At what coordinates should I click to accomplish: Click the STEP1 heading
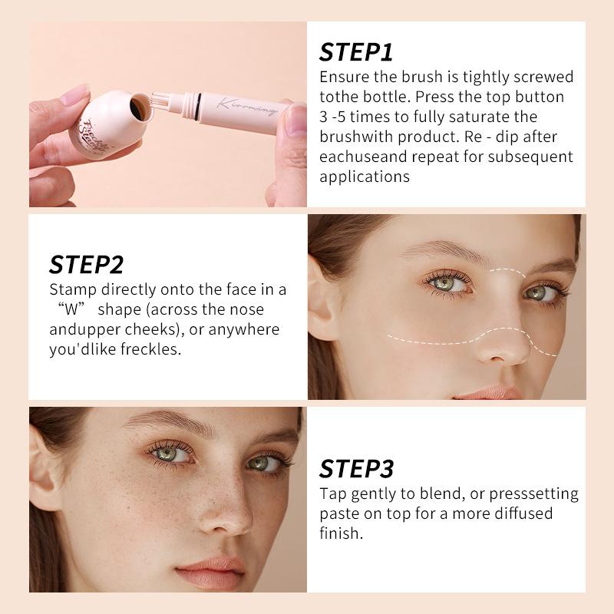point(356,51)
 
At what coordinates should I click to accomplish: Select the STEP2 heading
point(86,264)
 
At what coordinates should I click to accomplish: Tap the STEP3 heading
point(356,468)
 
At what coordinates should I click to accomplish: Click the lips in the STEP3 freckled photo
point(211,572)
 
